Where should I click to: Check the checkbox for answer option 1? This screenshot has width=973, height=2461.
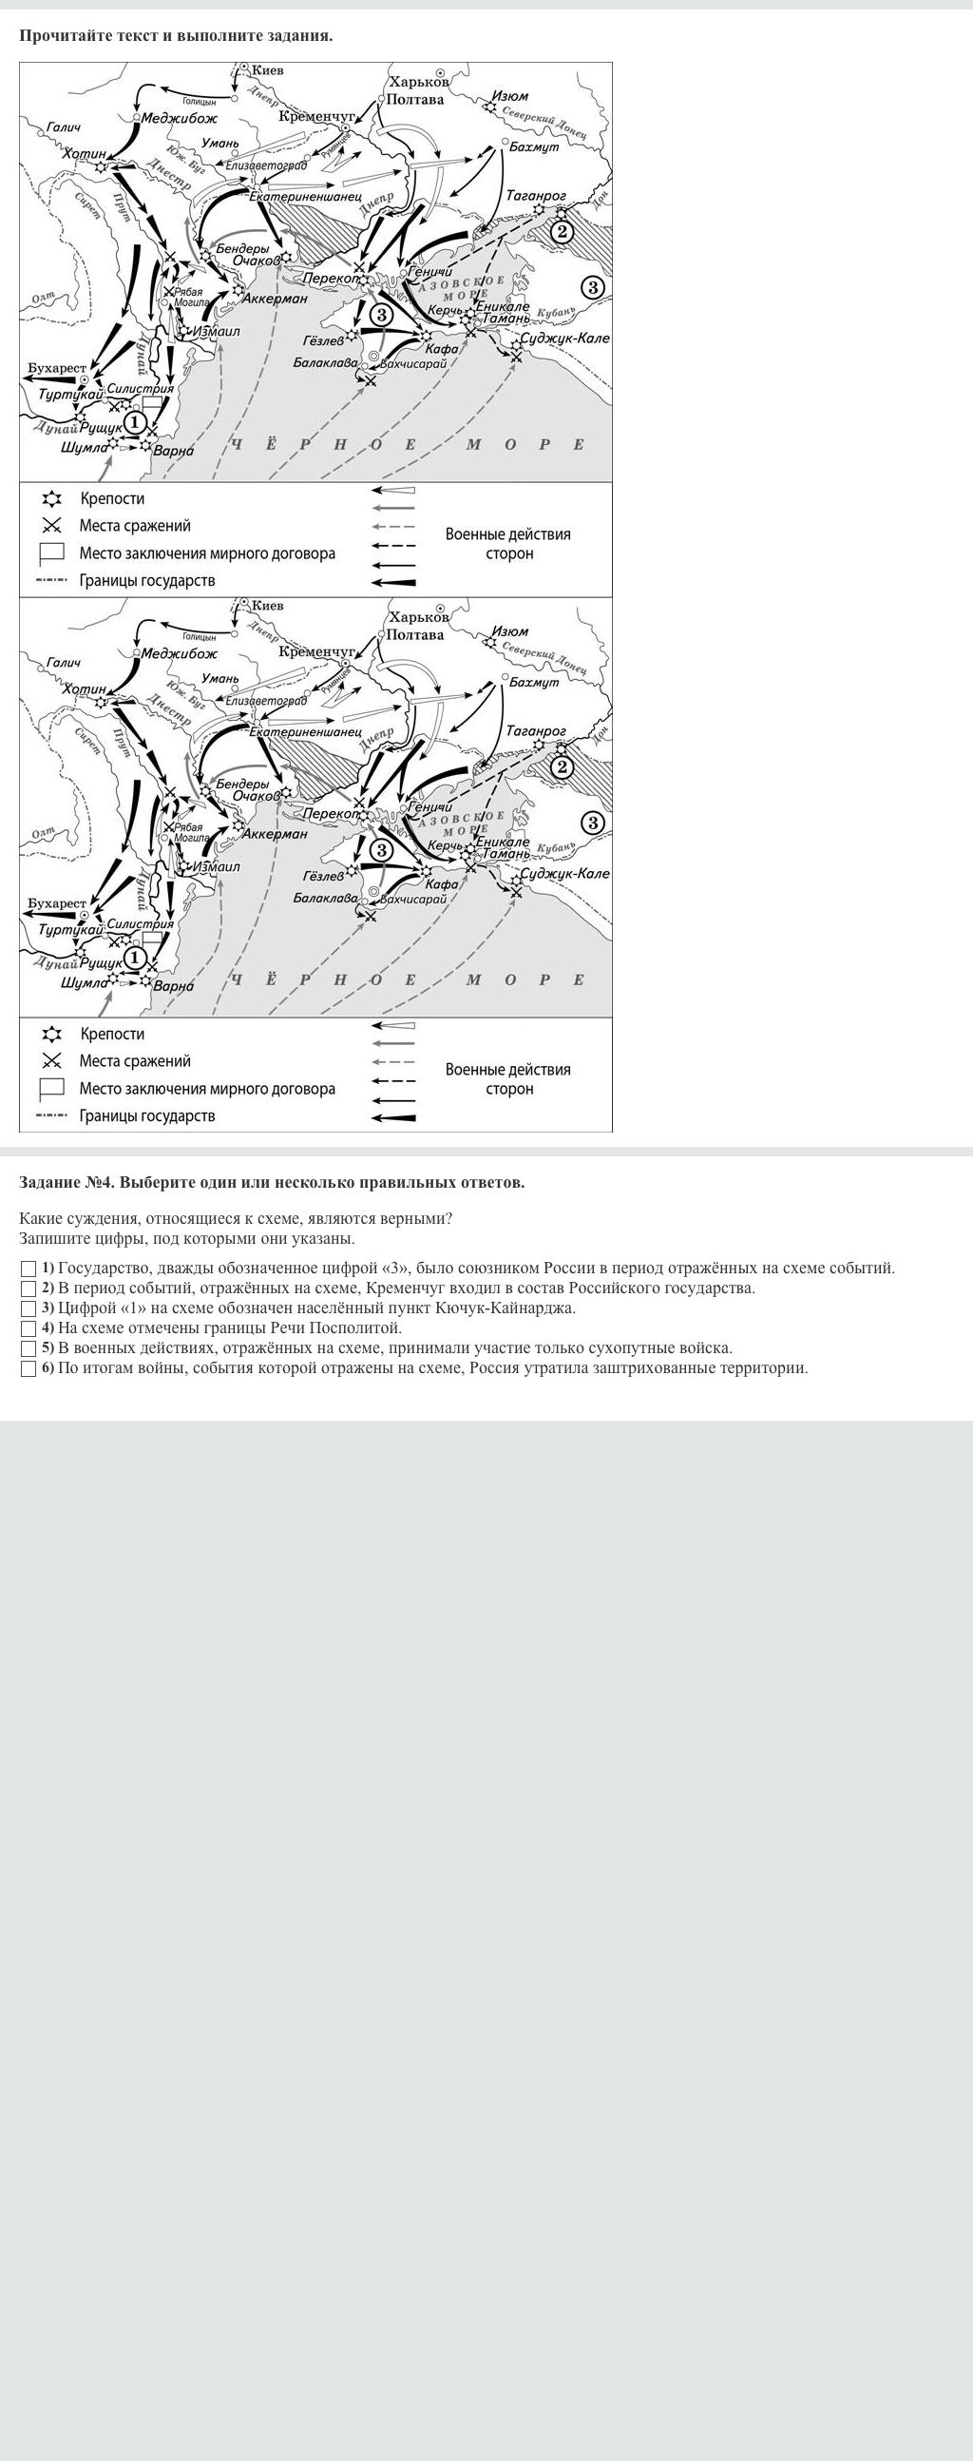[29, 1269]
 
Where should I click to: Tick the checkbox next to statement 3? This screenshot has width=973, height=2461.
[29, 1308]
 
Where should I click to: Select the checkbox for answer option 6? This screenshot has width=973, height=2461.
[29, 1368]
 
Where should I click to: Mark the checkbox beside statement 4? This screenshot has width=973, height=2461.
[29, 1328]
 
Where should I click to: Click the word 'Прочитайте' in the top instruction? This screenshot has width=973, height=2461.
[65, 36]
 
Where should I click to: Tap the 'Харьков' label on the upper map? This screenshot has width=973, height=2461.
[418, 82]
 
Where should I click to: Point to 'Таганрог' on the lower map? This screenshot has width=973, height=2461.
[535, 731]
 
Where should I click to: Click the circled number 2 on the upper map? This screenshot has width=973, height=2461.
[562, 230]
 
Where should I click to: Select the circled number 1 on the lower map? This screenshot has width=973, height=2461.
[135, 957]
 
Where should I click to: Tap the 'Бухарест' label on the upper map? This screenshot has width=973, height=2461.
[56, 368]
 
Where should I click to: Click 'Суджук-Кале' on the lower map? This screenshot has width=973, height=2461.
[563, 873]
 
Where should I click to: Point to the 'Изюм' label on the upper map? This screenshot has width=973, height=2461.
[510, 95]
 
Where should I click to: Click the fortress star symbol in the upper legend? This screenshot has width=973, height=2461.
[51, 498]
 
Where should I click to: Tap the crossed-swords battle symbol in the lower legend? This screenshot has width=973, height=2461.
[51, 1060]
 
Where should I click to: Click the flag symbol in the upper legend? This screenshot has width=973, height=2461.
[51, 552]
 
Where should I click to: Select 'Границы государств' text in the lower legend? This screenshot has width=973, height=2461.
[147, 1115]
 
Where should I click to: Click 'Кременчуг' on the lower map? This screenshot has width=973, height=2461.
[316, 651]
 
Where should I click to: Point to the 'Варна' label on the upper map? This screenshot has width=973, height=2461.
[173, 451]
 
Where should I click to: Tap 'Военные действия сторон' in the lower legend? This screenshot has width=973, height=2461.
[508, 1078]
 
